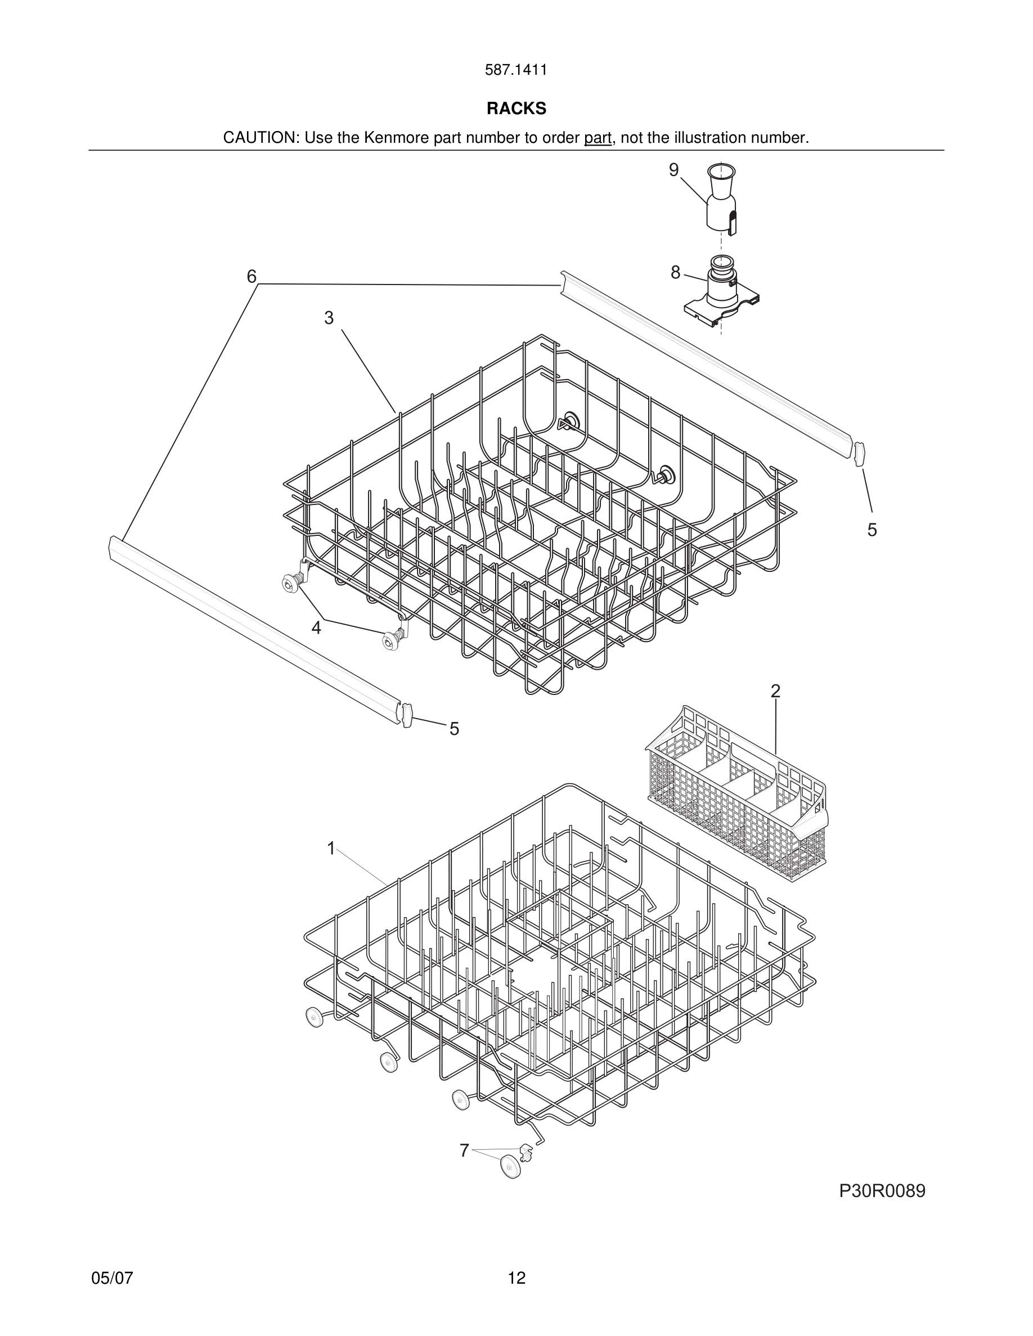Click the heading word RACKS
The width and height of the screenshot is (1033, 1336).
516,109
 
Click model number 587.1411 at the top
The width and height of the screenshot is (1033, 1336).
516,70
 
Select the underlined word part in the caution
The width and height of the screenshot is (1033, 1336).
598,138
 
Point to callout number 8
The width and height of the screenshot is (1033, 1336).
675,273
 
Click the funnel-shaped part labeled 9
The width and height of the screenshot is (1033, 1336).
721,199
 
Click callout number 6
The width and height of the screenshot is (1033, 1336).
251,277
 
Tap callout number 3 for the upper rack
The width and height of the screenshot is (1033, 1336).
329,318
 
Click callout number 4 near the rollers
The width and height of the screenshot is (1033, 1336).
316,628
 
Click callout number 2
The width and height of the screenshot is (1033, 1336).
775,691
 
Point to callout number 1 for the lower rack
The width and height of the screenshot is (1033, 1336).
331,848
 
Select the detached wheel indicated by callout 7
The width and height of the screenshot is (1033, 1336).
510,1167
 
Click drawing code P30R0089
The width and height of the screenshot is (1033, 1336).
882,1191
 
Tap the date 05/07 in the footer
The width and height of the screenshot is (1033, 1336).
112,1278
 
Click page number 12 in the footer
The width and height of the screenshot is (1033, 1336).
516,1278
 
